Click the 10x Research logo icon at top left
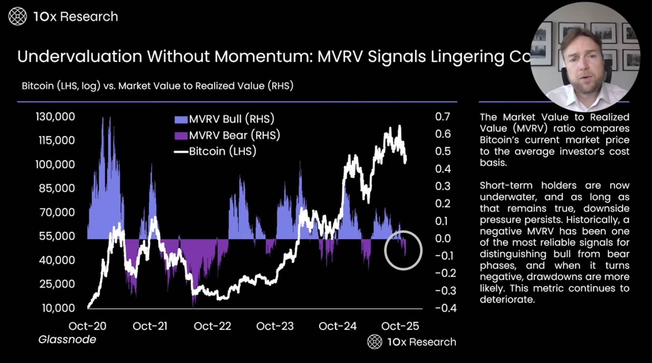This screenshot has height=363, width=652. coord(17,17)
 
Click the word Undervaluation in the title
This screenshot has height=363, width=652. coord(80,57)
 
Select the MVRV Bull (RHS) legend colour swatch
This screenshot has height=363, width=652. coord(181,119)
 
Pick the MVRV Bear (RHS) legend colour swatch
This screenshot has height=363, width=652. coord(181,135)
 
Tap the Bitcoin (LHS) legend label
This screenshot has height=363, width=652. coord(222,151)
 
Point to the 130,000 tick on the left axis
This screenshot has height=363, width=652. coord(55,117)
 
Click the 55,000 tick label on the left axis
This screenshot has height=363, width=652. coord(57,236)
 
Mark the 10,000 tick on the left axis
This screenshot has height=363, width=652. coord(58,308)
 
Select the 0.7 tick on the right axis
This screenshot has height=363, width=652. coord(443,117)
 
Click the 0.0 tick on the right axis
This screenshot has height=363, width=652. coord(443,238)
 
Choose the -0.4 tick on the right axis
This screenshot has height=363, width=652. coord(446,308)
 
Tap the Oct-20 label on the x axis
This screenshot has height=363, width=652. coord(87,326)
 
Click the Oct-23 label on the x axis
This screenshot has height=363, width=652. coord(275,326)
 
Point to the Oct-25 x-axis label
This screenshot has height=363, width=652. coord(400,326)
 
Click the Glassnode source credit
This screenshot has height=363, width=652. coord(67,339)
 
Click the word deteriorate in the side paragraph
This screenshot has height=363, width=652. coord(507,300)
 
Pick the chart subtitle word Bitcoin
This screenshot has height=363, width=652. coord(38,86)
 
